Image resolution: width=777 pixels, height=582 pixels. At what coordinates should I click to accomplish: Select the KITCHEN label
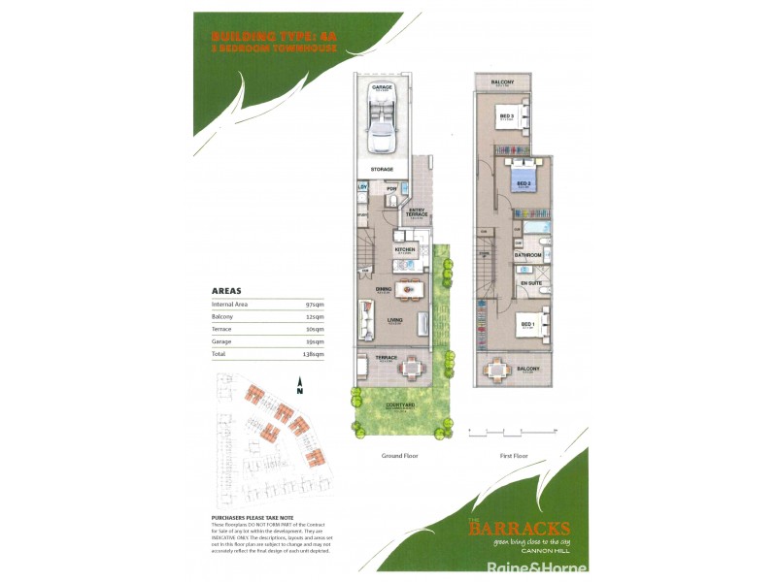tap(404, 249)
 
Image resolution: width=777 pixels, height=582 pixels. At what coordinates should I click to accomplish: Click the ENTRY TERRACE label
tap(419, 212)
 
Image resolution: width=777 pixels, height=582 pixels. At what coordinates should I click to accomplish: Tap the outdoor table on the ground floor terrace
tap(412, 370)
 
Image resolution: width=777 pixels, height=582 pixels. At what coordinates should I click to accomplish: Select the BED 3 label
tap(506, 117)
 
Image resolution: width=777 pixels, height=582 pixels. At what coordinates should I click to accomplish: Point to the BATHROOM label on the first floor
tap(528, 255)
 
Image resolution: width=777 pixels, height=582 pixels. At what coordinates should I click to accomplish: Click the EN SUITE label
tap(528, 282)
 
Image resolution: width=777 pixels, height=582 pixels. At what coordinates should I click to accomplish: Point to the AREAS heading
tap(226, 290)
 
